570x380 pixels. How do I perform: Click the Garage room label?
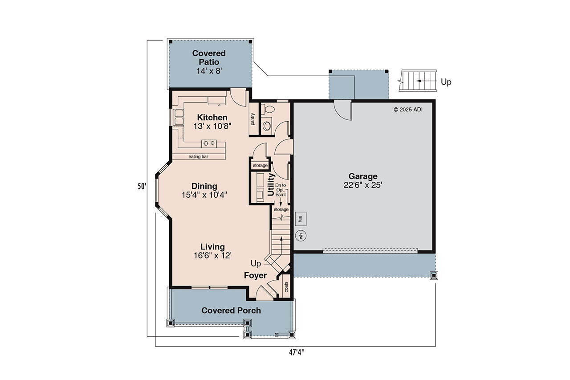[362, 176]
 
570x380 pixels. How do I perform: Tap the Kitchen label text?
[212, 118]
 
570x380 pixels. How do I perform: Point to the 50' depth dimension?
[142, 187]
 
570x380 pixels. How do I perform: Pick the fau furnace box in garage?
[301, 218]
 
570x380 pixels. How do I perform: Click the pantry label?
[253, 119]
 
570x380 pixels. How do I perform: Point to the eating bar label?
[198, 157]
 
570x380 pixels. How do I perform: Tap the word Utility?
[271, 184]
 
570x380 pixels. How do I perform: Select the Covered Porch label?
[231, 311]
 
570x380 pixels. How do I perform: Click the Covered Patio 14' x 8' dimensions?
[209, 71]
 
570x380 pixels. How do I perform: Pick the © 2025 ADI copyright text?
[408, 109]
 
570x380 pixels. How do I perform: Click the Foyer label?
[255, 276]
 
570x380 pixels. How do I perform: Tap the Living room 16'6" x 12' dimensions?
[212, 255]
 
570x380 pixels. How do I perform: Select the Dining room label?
[204, 186]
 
